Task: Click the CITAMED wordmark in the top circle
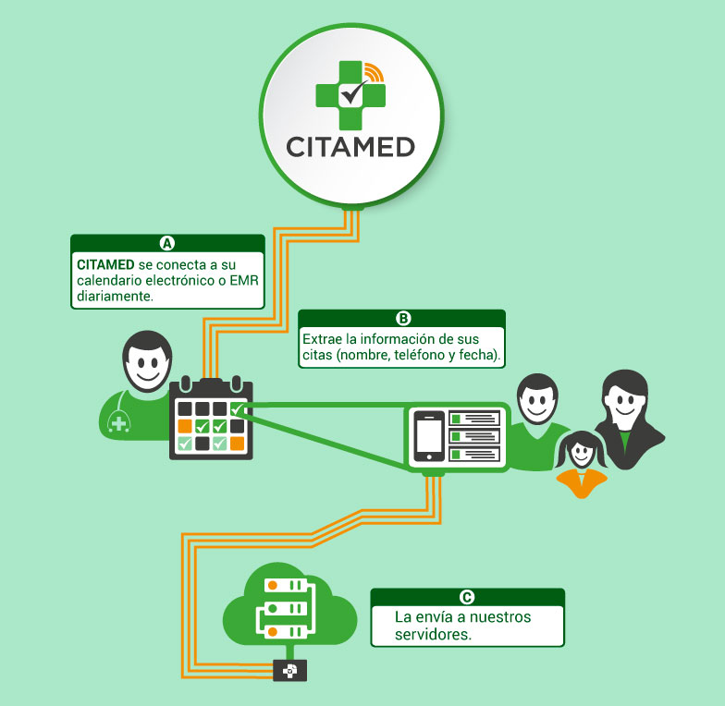pos(350,146)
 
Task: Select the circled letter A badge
pos(167,243)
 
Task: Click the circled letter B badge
pos(402,318)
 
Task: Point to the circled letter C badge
pos(467,597)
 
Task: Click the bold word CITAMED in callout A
pos(106,263)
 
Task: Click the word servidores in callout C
pos(433,635)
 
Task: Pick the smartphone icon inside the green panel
pos(428,436)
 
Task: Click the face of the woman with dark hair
pos(622,400)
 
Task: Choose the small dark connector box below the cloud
pos(289,671)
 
